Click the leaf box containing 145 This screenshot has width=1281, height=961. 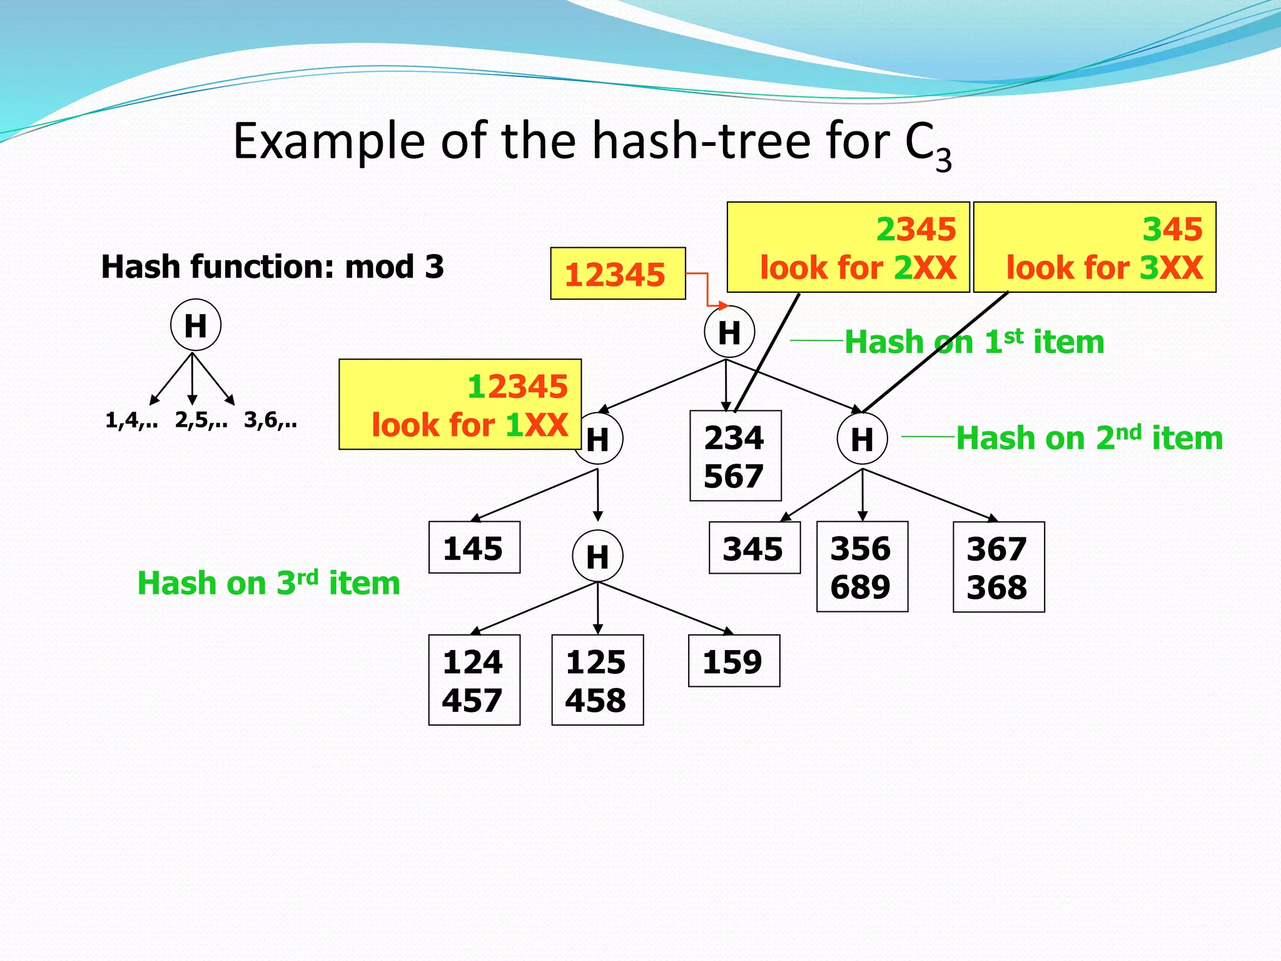474,547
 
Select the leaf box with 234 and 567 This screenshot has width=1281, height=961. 735,456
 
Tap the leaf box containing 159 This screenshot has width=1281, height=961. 734,661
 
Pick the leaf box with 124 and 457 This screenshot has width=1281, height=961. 473,680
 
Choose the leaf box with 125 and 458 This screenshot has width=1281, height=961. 597,680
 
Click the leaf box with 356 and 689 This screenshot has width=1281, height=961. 861,567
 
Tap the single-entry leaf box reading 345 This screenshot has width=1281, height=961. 754,548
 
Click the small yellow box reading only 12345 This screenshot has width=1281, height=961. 617,274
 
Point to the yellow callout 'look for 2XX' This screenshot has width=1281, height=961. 848,248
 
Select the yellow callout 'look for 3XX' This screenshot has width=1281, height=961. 1094,248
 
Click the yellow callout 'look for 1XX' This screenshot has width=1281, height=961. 460,405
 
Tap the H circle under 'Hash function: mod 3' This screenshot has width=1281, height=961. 196,325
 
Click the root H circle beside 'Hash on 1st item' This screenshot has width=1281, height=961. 729,332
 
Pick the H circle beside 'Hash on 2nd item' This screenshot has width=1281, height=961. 862,439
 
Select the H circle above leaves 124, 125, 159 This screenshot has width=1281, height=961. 597,556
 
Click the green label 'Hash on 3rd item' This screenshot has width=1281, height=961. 268,583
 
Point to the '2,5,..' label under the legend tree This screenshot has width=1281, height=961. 201,420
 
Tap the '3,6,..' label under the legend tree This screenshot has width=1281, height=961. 270,420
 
